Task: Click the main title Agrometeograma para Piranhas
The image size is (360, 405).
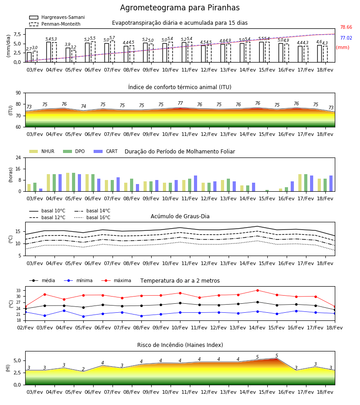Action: coord(180,8)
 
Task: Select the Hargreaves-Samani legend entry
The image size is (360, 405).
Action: coord(57,17)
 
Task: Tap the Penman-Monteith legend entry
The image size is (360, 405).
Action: coord(55,24)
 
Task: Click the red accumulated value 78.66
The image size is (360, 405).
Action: coord(346,27)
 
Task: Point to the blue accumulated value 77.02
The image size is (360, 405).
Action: coord(346,38)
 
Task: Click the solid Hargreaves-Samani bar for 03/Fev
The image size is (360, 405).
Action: coord(29,57)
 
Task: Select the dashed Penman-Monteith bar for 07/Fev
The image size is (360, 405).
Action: coord(112,51)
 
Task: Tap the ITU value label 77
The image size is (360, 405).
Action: coord(180,103)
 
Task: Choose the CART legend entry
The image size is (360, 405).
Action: coord(106,151)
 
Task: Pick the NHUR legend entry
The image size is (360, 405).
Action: coord(42,151)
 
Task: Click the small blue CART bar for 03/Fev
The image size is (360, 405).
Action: coord(41,190)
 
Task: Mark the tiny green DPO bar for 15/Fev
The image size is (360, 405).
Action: coord(267,191)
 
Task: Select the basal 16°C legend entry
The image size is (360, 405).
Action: coord(92,217)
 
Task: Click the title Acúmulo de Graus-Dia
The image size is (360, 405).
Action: coord(180,216)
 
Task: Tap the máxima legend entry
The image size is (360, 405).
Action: coord(116,280)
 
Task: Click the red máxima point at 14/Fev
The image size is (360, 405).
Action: coord(257,290)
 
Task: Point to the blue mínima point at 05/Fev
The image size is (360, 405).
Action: coord(83,316)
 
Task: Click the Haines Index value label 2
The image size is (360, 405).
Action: coord(83,369)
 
